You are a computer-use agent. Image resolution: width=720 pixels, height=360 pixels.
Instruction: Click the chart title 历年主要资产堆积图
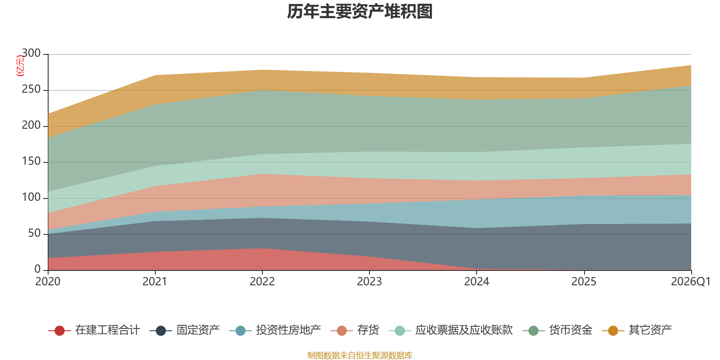tap(360, 12)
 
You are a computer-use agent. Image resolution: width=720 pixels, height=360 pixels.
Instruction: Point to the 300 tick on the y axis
tap(31, 53)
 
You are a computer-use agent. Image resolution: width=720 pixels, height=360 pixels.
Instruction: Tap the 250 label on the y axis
tap(31, 89)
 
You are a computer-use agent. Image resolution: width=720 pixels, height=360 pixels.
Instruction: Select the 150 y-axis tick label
tap(31, 161)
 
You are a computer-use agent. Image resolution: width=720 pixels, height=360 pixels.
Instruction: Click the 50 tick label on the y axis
tap(34, 233)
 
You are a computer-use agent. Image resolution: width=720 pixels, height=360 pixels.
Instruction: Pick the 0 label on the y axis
tap(38, 269)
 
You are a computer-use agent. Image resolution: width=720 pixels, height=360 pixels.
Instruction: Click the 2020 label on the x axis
tap(48, 282)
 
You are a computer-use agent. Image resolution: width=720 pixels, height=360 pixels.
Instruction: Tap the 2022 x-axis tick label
tap(262, 282)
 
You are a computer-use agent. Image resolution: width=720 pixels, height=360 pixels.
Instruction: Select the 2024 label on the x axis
tap(477, 282)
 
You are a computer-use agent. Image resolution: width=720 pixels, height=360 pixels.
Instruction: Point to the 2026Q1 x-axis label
tap(691, 282)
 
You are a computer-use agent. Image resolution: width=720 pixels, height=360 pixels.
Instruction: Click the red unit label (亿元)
tap(20, 66)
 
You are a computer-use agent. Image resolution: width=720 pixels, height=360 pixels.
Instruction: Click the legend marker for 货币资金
tap(534, 330)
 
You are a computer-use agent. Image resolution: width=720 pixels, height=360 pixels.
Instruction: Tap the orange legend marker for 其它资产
tap(613, 330)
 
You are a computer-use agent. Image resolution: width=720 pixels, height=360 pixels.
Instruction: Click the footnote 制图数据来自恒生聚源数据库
tap(360, 355)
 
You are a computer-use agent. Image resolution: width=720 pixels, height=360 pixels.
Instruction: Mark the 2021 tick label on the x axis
tap(155, 282)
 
